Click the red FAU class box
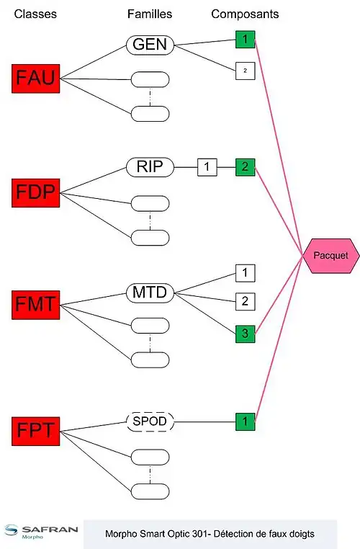(36, 79)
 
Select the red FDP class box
(36, 193)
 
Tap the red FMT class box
(36, 305)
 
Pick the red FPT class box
(36, 431)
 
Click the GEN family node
(150, 45)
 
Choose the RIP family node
(150, 167)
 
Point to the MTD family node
(150, 293)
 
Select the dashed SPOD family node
(150, 421)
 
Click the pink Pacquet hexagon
(330, 256)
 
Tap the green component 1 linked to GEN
(246, 39)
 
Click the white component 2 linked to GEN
(246, 71)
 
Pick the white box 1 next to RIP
(207, 167)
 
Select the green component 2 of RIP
(246, 167)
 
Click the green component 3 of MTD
(246, 334)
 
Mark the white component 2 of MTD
(246, 301)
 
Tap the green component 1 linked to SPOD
(246, 421)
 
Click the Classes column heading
(35, 14)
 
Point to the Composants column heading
(245, 14)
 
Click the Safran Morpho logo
(41, 532)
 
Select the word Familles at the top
(150, 14)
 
